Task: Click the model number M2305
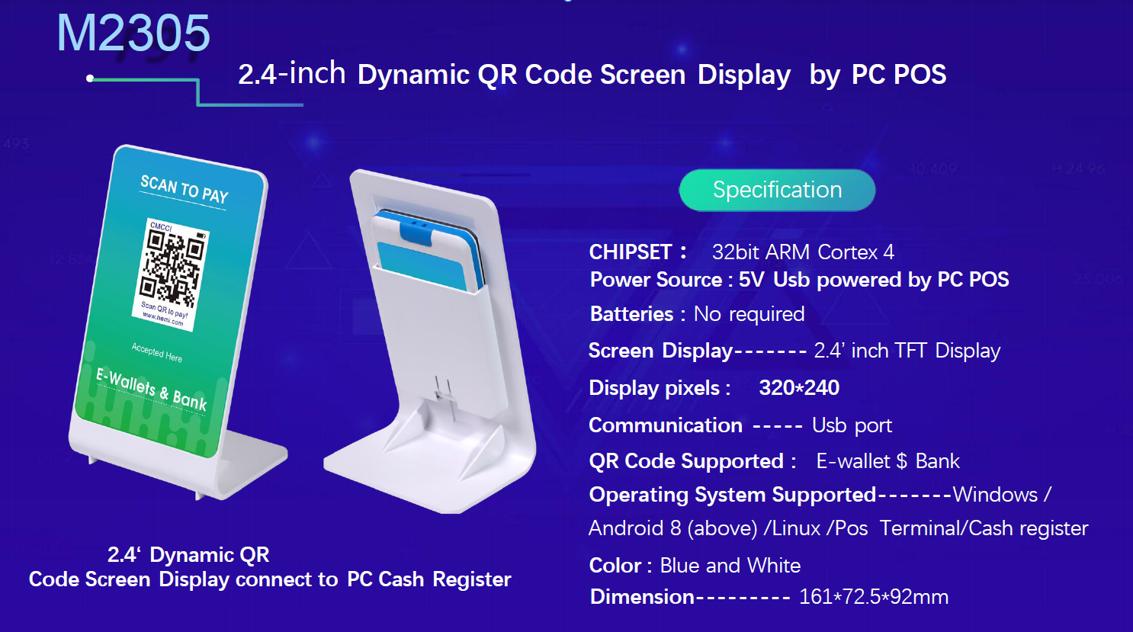point(133,34)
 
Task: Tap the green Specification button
point(777,190)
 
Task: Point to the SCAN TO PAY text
point(185,189)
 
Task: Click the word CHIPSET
point(631,252)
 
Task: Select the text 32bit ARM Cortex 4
point(803,252)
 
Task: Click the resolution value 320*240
point(799,388)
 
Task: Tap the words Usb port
point(852,425)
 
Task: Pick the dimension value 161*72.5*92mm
point(874,597)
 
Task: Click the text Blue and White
point(730,565)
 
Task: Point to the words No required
point(749,314)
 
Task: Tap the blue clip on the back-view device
point(417,231)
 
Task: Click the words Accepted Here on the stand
point(157,352)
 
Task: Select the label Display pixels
point(654,388)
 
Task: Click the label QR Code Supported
point(686,461)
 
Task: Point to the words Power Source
point(656,280)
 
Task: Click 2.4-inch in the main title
point(292,74)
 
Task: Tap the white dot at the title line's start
point(90,79)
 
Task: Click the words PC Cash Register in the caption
point(429,579)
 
